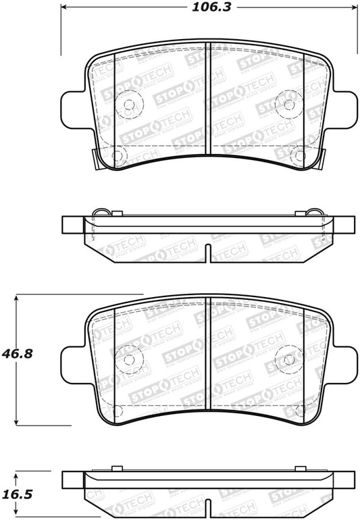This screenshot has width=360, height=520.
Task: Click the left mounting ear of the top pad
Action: coord(74,108)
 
